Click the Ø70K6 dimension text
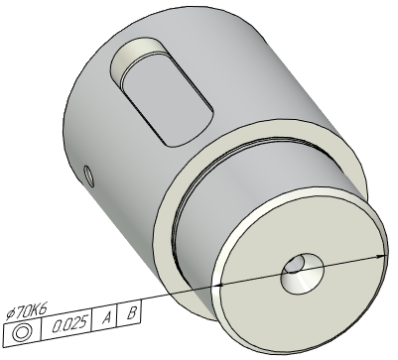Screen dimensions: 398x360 [27, 312]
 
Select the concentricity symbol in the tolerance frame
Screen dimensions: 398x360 [22, 332]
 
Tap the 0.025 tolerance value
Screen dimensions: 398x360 [70, 324]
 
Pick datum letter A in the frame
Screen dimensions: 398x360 [106, 318]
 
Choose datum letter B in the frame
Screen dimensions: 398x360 [131, 312]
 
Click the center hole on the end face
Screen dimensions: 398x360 [303, 273]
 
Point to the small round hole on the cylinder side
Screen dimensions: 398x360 [88, 176]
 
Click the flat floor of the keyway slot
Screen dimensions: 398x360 [167, 99]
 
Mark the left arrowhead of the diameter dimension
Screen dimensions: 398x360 [219, 285]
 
